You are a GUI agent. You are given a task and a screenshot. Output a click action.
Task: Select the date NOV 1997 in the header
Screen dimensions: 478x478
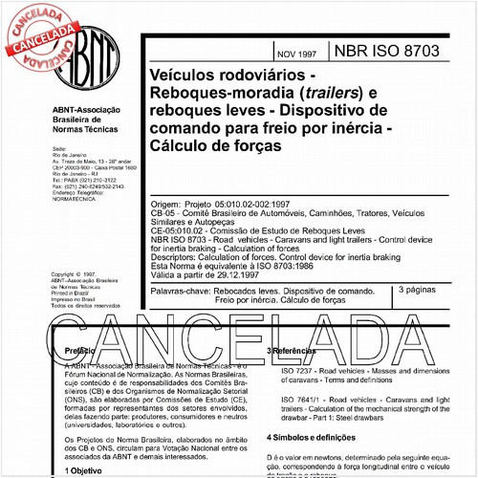pos(301,53)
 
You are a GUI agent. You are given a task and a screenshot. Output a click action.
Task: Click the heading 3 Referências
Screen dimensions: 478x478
pos(298,352)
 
